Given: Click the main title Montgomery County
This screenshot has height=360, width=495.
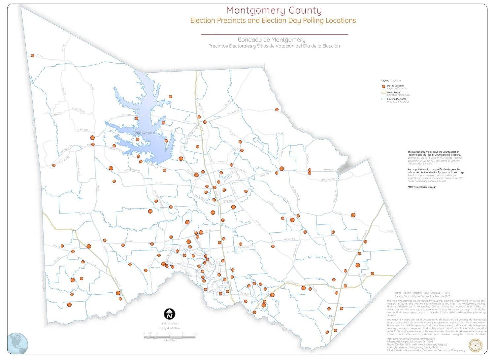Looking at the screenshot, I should (x=274, y=11).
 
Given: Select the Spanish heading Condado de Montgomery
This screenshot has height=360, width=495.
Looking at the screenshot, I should (x=271, y=40).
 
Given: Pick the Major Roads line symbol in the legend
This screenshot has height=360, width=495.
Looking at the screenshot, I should (x=384, y=93).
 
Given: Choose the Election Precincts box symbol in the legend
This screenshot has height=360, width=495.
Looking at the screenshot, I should (x=384, y=99).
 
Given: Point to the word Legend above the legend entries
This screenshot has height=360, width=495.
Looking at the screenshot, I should (x=385, y=81).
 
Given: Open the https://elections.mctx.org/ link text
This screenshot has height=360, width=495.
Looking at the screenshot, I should (x=421, y=187).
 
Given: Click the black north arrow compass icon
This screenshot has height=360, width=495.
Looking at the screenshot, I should (x=170, y=314).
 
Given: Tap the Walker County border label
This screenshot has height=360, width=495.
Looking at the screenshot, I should (x=171, y=70).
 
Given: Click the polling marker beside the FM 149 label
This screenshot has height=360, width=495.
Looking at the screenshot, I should (x=33, y=56).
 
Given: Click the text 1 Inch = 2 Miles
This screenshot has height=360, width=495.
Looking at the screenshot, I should (x=170, y=324).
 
